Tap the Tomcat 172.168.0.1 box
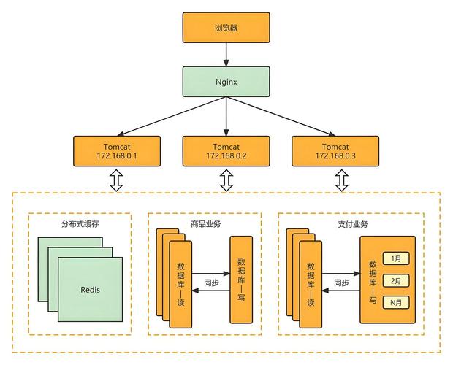click(117, 151)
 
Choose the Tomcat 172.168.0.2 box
click(226, 151)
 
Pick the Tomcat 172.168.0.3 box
click(336, 151)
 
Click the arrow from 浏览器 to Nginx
click(226, 53)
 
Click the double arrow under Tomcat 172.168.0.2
click(226, 180)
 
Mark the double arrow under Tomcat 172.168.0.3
click(340, 180)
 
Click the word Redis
click(91, 289)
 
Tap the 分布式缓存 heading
click(79, 223)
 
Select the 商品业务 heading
click(205, 223)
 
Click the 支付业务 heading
click(353, 223)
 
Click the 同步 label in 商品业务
click(210, 283)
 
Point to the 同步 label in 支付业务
click(341, 283)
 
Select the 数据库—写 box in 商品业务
click(241, 280)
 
